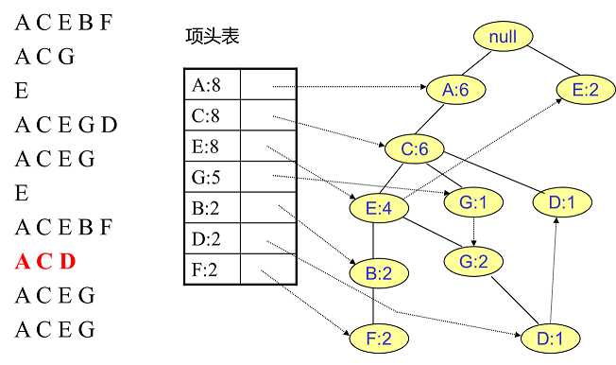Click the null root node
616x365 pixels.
[x=504, y=37]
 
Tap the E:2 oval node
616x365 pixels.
[x=586, y=90]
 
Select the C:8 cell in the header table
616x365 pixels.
[x=211, y=116]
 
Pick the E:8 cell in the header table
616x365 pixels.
[x=211, y=147]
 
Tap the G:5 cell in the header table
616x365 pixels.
[x=211, y=177]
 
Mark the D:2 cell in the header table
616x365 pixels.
[x=211, y=239]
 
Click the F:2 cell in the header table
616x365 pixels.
[x=211, y=269]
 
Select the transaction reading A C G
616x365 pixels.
[x=44, y=57]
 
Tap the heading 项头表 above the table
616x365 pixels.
[x=213, y=36]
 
